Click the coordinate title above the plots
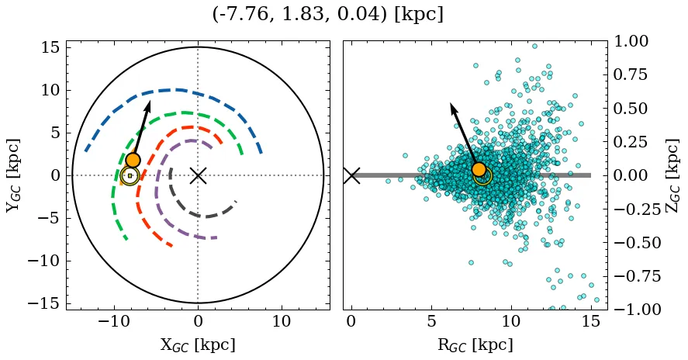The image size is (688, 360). click(327, 15)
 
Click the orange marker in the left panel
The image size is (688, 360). click(133, 160)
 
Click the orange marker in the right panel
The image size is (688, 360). click(479, 169)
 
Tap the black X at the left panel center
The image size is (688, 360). click(198, 175)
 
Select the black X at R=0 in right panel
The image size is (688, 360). click(351, 175)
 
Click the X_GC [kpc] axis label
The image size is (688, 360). click(198, 345)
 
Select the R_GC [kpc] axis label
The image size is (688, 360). click(475, 345)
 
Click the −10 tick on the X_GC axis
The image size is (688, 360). click(114, 322)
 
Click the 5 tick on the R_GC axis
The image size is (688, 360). click(430, 322)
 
